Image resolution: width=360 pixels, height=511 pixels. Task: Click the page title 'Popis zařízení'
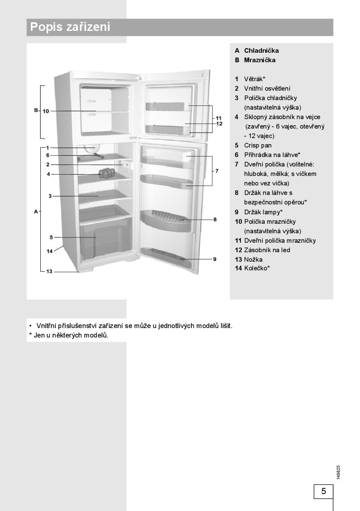(70, 27)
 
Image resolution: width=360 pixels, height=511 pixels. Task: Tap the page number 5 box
(323, 491)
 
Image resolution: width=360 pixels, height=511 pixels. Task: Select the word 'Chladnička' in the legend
(261, 50)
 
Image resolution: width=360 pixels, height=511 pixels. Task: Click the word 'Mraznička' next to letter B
(259, 60)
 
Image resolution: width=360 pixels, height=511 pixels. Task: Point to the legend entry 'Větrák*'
(254, 79)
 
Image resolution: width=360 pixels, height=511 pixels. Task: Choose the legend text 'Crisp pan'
(257, 145)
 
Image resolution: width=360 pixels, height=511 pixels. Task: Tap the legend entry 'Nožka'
(253, 259)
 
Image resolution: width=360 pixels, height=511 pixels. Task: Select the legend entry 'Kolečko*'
(257, 268)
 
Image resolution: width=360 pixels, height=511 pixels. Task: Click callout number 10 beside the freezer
(46, 111)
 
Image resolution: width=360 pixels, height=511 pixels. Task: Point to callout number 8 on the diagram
(215, 220)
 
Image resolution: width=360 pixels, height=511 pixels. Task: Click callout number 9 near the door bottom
(215, 259)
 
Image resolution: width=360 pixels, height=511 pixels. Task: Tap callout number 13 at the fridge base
(49, 272)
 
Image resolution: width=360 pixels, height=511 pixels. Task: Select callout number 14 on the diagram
(49, 251)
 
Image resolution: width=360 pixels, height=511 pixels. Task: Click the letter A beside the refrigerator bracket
(36, 211)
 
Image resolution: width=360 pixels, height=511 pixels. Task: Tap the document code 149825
(338, 472)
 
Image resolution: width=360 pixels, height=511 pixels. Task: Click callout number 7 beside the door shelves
(217, 171)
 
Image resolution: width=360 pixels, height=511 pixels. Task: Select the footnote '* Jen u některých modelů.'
(69, 335)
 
